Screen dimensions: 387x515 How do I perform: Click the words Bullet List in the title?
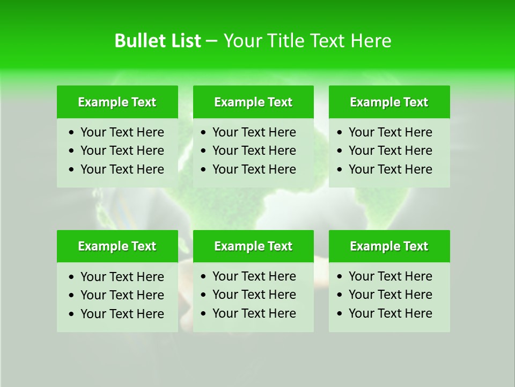tap(158, 41)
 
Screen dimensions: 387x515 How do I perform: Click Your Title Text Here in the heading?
tap(307, 41)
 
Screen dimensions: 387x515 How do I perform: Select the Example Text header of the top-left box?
tap(117, 102)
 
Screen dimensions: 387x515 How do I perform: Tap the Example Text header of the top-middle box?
tap(253, 102)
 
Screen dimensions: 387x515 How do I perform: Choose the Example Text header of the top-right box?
tap(389, 102)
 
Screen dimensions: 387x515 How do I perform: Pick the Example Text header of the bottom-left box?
tap(117, 246)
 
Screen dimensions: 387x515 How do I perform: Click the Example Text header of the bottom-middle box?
tap(253, 246)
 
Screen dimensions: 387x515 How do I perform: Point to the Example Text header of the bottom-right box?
tap(389, 246)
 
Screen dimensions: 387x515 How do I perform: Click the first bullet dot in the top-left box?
tap(72, 133)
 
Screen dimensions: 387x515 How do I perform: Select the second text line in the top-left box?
tap(122, 150)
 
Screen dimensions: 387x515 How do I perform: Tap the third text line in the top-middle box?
tap(254, 169)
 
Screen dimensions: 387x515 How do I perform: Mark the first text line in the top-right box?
tap(391, 132)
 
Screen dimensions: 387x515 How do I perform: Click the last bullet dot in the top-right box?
tap(340, 170)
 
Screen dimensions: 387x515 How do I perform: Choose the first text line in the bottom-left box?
tap(122, 277)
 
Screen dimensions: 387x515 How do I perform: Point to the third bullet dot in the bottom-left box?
tap(72, 314)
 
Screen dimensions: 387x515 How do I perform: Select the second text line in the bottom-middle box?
tap(254, 295)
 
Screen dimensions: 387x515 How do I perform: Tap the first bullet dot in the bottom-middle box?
tap(204, 277)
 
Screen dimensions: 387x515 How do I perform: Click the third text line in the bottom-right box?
tap(391, 313)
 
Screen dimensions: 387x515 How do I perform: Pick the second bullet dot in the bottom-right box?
tap(340, 295)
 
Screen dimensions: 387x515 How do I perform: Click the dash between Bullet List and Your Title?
tap(211, 41)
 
